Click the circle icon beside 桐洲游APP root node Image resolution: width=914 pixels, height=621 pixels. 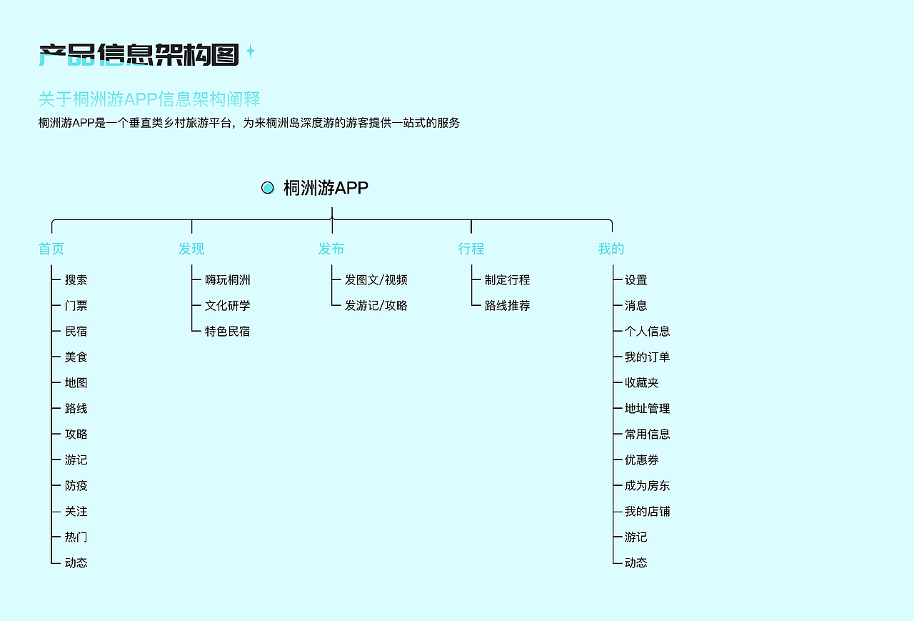268,188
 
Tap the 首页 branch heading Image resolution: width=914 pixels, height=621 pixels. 51,249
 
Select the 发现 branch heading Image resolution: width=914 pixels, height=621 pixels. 191,249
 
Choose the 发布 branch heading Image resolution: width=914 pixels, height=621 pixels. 331,249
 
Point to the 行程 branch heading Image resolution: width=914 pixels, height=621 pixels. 471,249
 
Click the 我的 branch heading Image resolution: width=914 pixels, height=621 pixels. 611,249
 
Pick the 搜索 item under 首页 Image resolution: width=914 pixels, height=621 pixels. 76,280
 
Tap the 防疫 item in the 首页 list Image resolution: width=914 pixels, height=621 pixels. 76,486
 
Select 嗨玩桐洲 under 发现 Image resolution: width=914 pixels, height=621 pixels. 227,280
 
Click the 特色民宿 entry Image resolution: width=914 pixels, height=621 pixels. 227,332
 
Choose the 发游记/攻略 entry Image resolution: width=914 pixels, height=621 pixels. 376,306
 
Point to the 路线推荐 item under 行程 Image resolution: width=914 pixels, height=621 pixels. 507,306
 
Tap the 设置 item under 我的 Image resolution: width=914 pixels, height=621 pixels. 636,280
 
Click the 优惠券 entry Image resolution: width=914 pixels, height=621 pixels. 641,460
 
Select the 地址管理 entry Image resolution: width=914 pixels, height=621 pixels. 647,409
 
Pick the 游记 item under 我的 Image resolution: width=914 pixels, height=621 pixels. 636,537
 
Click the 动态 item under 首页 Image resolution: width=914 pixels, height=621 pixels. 76,563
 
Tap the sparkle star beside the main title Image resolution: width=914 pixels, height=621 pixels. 251,51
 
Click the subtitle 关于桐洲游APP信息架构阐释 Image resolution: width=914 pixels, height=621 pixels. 149,99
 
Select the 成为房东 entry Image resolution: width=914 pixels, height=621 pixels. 647,486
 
